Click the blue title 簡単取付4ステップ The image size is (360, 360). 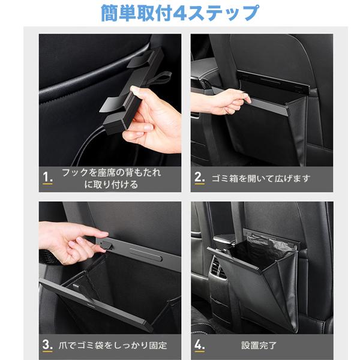tap(180, 13)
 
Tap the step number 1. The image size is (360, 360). tap(47, 177)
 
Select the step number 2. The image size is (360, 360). tap(199, 177)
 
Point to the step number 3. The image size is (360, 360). tap(47, 344)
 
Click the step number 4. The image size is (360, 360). tap(199, 344)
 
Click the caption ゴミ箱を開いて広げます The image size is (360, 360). tap(261, 178)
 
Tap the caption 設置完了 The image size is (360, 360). tap(259, 345)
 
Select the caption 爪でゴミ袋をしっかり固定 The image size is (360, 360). tap(113, 345)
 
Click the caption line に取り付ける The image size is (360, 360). tap(112, 184)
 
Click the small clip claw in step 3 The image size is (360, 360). tap(107, 245)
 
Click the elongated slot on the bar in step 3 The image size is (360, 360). tap(146, 254)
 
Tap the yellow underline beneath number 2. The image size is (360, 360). tap(199, 184)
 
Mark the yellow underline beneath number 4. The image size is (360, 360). tap(199, 351)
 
